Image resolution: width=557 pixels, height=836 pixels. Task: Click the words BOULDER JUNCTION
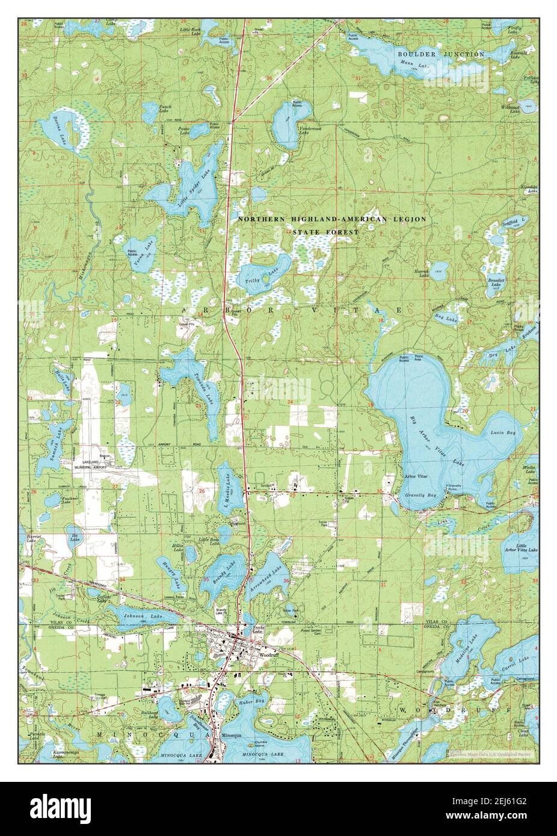[x=441, y=54]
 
